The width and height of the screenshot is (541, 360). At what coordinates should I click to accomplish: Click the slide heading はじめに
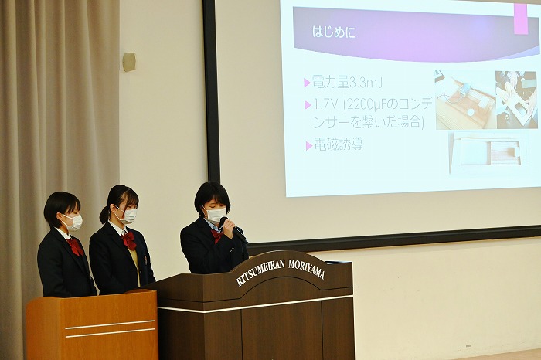coord(333,32)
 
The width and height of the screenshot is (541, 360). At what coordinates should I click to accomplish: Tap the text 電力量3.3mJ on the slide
coord(347,83)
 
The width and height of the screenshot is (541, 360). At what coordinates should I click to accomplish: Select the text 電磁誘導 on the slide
coord(339,144)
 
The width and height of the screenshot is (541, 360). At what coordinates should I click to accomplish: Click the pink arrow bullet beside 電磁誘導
coord(309,145)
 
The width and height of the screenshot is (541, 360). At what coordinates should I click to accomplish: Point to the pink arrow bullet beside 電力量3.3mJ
coord(307,83)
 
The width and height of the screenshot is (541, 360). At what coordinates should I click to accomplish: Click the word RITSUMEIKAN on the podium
coord(261,273)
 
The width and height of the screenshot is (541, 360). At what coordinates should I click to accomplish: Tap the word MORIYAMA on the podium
coord(306,268)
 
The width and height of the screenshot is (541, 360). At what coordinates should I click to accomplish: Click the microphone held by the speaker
coord(233,229)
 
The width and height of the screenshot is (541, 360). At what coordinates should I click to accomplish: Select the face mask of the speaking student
coord(216,216)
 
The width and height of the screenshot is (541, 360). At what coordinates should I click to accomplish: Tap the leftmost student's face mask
coord(73,222)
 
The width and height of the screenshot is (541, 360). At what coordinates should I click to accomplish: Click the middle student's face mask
coord(128,216)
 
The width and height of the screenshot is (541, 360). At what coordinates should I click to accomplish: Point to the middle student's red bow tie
coord(129,240)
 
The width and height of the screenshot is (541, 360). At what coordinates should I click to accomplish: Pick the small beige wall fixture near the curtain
coord(129,62)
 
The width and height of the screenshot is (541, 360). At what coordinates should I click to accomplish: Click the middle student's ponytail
coord(104,215)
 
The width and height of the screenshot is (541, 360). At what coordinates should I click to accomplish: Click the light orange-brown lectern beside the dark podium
coord(92,324)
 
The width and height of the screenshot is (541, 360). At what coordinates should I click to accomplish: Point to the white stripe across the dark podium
coord(255,304)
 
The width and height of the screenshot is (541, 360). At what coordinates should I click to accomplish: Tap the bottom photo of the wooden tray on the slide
coord(488,152)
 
